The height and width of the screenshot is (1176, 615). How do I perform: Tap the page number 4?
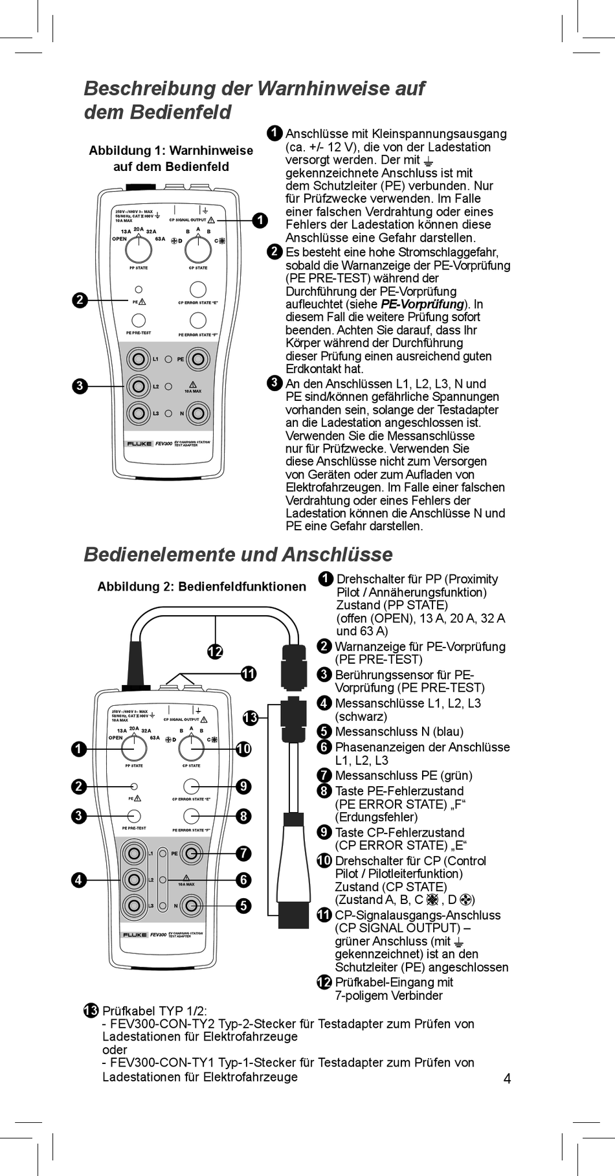coord(507,1078)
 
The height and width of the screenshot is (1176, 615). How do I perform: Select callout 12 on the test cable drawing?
coord(215,651)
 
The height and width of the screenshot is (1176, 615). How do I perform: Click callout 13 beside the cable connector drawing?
coord(251,718)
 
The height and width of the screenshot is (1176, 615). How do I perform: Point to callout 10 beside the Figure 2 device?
coord(243,749)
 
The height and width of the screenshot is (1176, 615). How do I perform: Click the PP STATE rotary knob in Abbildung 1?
coord(139,249)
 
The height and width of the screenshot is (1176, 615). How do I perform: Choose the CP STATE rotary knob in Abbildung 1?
coord(198,249)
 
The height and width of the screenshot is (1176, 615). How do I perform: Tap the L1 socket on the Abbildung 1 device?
coord(138,359)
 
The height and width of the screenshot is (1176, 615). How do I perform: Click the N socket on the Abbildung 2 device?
coord(191,905)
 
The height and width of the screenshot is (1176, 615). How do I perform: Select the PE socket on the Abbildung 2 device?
coord(191,854)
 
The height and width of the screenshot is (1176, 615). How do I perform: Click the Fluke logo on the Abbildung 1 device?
coord(139,444)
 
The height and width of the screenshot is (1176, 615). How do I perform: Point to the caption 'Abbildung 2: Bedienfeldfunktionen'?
coord(201,587)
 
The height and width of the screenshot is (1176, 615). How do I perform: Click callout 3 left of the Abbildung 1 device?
coord(79,386)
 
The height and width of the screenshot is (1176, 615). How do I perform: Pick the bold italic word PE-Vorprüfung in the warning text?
coord(422,304)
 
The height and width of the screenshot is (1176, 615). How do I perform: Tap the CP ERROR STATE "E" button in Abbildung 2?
coord(191,786)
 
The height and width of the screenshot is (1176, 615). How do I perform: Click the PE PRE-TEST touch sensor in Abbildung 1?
coord(139,320)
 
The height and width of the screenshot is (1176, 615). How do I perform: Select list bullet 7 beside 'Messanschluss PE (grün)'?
coord(324,775)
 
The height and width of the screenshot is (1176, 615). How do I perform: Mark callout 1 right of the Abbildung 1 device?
coord(260,220)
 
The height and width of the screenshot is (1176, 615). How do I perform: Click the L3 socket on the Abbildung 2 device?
coord(134,905)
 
